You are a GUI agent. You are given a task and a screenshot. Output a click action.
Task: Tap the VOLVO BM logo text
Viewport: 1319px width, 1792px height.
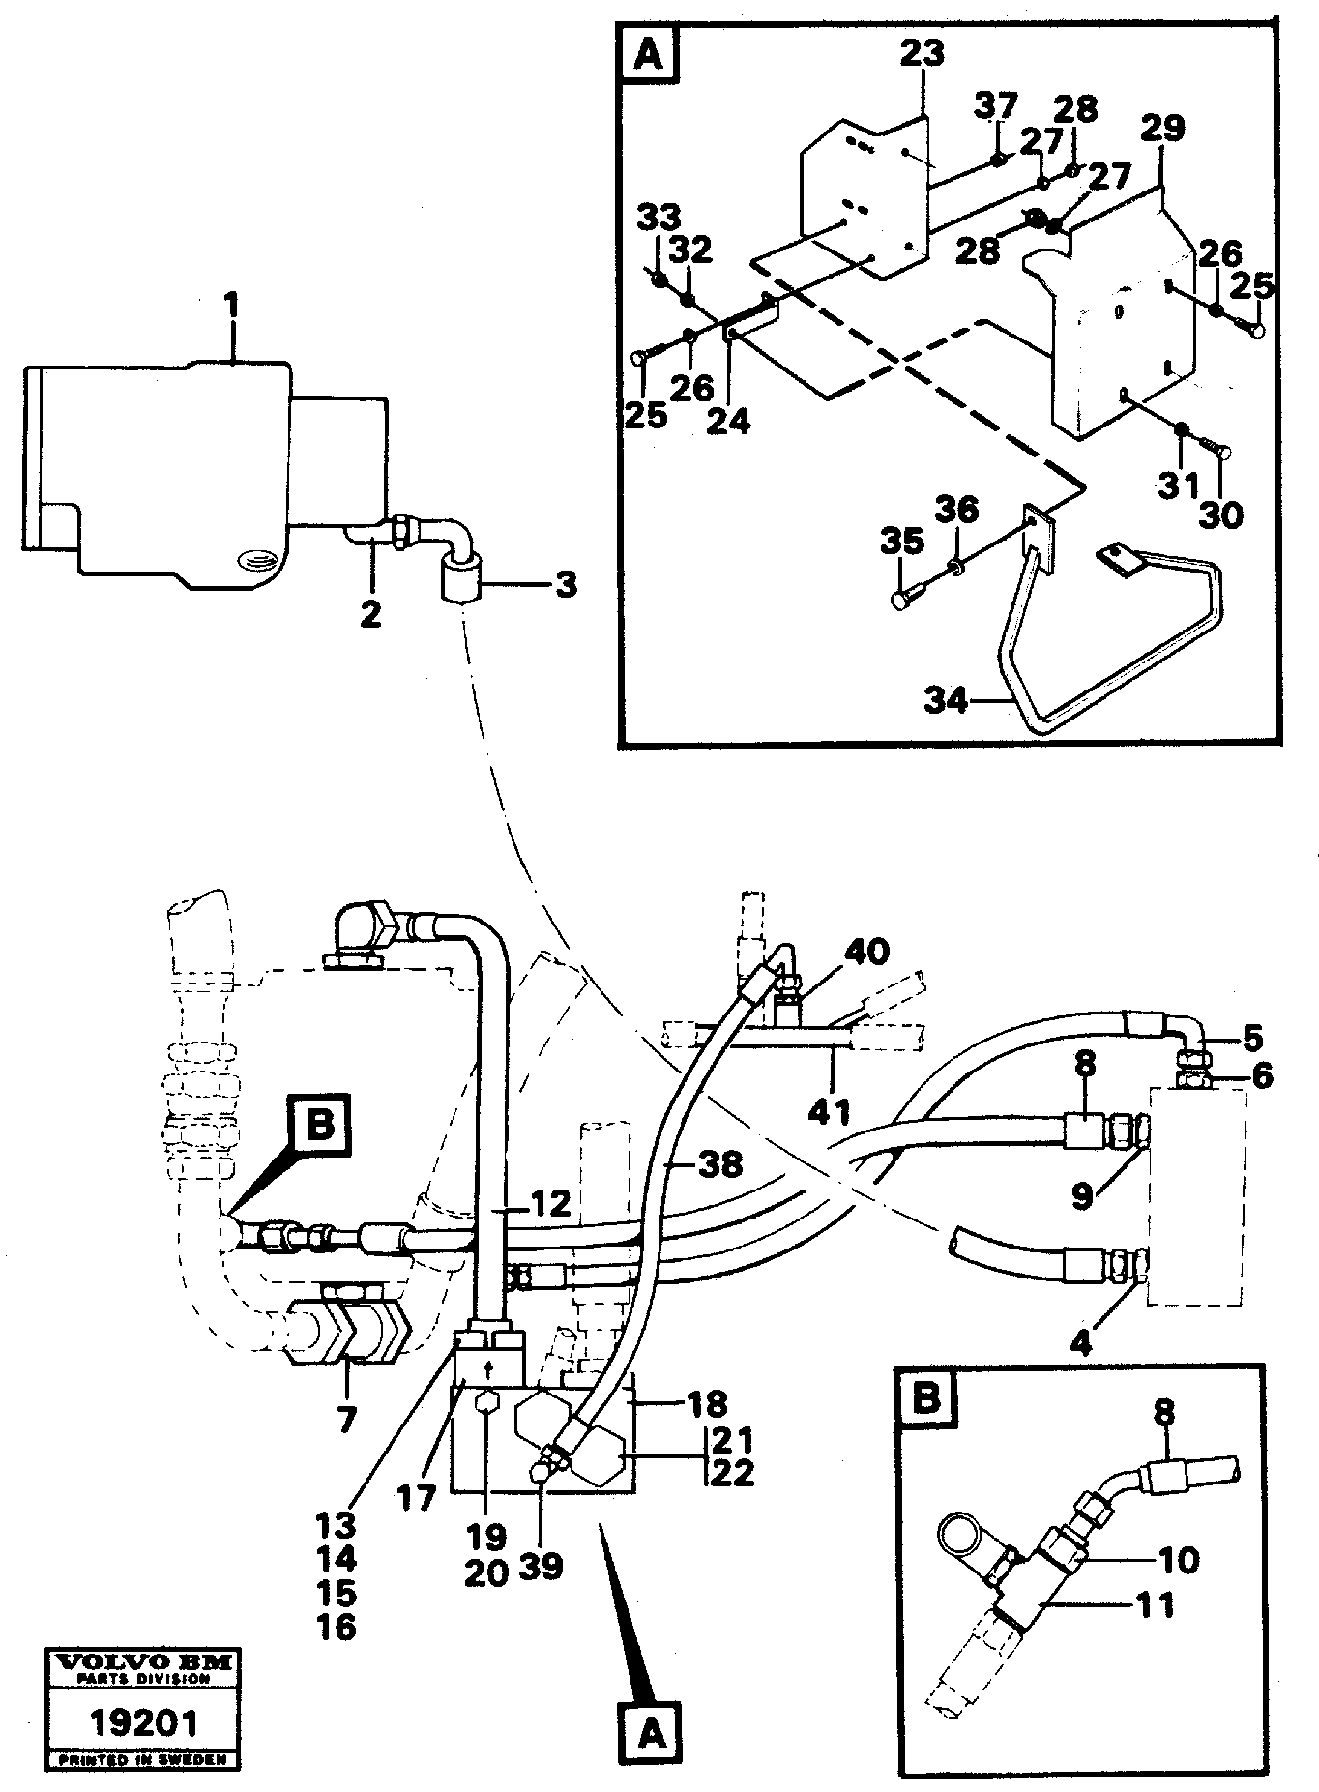coord(142,1663)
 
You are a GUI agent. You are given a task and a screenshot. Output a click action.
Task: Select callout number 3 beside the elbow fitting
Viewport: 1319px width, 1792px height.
coord(566,584)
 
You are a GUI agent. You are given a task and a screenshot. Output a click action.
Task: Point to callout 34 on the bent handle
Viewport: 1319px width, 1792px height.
coord(945,698)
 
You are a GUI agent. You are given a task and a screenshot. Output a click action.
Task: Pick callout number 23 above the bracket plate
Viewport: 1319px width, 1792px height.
coord(922,54)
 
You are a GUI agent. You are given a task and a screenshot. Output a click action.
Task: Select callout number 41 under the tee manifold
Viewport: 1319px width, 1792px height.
coord(831,1111)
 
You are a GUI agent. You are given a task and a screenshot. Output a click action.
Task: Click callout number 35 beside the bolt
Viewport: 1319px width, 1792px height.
coord(901,543)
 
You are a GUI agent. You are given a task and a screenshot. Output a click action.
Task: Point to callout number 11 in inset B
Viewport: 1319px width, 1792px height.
coord(1155,1605)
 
